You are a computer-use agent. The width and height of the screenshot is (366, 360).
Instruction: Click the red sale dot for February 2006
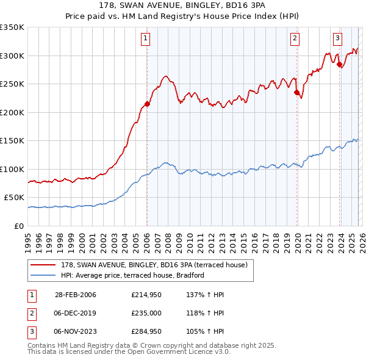point(147,104)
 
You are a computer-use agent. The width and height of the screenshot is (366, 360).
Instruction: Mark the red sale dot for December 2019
point(296,93)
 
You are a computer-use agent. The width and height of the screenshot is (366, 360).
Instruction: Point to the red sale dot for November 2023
point(339,65)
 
